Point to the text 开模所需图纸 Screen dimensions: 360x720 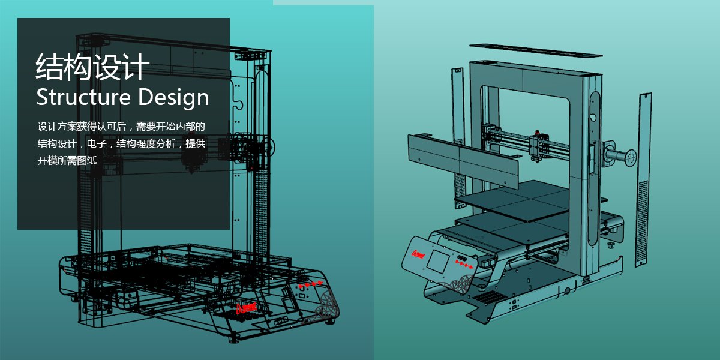[x=67, y=161]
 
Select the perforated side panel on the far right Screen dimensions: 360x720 [x=643, y=180]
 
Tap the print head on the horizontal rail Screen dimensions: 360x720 [x=538, y=144]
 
